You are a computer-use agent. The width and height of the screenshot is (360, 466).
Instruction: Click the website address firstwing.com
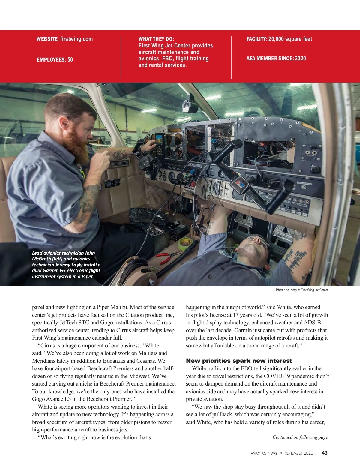click(76, 39)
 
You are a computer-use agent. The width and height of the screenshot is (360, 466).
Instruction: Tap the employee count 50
click(70, 60)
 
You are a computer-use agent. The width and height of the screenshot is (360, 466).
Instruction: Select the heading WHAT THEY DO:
click(156, 39)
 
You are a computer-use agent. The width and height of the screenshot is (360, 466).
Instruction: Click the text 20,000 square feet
click(290, 39)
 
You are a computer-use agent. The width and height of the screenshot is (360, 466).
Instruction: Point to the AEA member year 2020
click(300, 59)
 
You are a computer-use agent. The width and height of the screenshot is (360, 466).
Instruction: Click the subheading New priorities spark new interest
click(239, 361)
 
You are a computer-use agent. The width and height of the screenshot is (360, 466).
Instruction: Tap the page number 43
click(325, 453)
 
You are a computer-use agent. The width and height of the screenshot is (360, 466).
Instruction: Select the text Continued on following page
click(300, 437)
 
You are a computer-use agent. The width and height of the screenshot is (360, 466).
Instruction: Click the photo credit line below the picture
click(302, 290)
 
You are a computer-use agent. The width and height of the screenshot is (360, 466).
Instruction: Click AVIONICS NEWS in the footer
click(264, 453)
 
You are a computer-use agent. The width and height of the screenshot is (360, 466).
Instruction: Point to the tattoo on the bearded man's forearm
click(88, 200)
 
